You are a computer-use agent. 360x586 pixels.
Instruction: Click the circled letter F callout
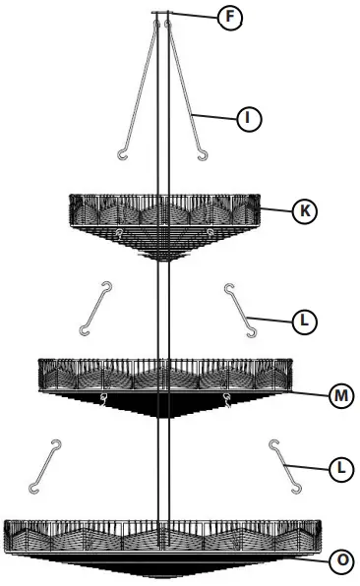(x=228, y=17)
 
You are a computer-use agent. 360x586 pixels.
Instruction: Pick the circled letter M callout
(x=340, y=394)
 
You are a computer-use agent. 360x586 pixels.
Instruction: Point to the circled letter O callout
(x=340, y=560)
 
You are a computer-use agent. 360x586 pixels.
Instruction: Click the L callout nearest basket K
(x=306, y=320)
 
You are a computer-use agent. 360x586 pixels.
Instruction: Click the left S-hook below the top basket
(x=96, y=308)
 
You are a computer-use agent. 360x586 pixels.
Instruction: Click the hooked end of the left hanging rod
(x=122, y=153)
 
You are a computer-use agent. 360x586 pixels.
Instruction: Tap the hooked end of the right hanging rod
(x=203, y=153)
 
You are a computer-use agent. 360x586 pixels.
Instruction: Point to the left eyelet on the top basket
(x=117, y=233)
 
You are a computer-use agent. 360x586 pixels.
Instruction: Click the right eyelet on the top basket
(x=211, y=233)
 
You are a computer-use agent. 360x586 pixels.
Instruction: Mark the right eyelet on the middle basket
(x=227, y=398)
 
